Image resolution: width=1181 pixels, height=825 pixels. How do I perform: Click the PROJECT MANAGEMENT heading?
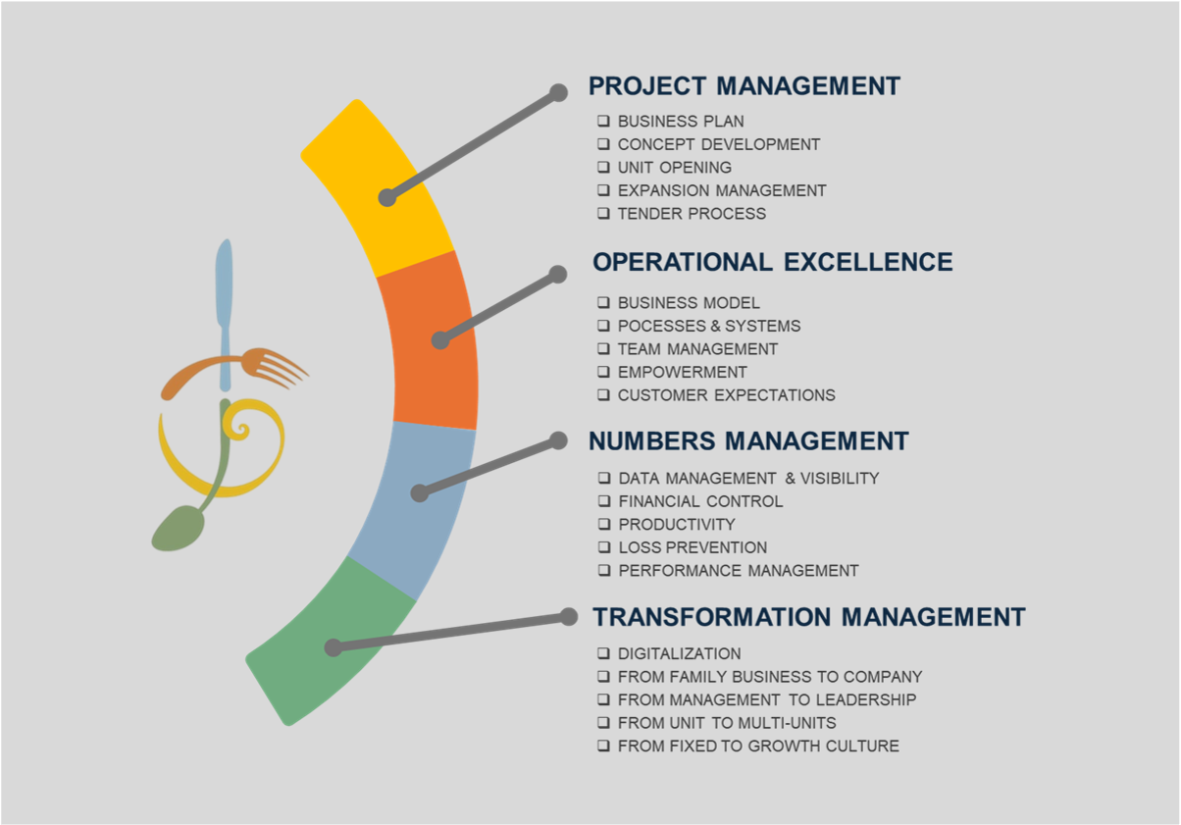744,86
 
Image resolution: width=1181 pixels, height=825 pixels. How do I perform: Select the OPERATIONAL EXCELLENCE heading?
772,262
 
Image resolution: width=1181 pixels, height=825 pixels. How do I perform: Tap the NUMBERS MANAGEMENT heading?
748,440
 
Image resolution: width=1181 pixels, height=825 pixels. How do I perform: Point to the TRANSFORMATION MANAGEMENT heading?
809,617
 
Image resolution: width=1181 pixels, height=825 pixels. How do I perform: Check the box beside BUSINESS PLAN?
603,121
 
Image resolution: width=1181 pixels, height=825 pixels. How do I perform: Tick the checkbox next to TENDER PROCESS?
603,213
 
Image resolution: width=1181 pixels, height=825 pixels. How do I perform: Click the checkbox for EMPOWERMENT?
603,372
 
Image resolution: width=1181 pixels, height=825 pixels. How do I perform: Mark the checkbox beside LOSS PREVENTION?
604,547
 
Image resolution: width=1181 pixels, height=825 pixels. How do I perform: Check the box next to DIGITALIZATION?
603,653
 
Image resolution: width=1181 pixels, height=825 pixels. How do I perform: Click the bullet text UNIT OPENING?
674,167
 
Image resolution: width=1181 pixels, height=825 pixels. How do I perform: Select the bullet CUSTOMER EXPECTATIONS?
727,394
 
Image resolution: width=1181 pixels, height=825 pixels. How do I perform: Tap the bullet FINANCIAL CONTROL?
700,501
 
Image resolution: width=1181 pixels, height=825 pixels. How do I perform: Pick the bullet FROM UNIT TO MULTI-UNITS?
727,723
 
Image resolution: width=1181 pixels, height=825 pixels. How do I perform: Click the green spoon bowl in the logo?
179,529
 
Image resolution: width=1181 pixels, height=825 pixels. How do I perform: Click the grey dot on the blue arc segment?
420,493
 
